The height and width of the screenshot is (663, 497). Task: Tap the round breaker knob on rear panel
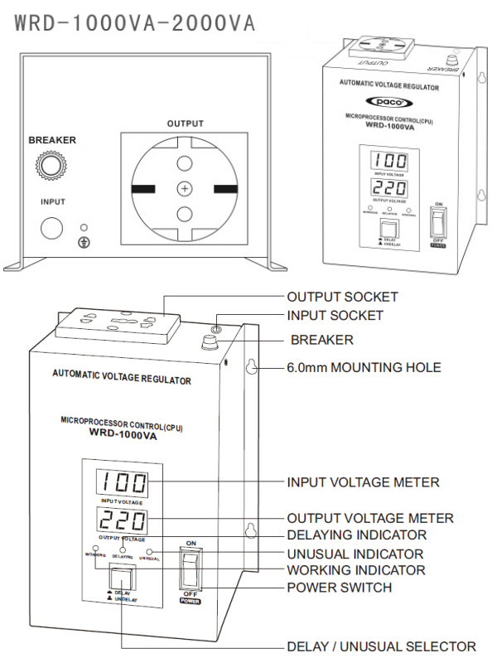point(53,166)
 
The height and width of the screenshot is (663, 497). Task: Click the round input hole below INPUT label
point(53,229)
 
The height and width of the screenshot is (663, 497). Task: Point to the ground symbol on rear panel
point(83,241)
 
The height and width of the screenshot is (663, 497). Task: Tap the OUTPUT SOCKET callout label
point(342,297)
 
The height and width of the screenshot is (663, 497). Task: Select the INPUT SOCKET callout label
point(335,315)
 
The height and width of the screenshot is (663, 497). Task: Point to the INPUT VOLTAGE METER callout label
point(363,482)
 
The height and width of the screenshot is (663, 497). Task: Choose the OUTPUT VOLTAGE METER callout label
point(369,518)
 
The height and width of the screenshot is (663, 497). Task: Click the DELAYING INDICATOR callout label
point(356,535)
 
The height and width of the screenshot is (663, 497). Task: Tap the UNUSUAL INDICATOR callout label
point(355,553)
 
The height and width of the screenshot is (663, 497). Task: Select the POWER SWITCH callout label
point(339,588)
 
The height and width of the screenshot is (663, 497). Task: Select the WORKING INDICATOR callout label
point(355,570)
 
